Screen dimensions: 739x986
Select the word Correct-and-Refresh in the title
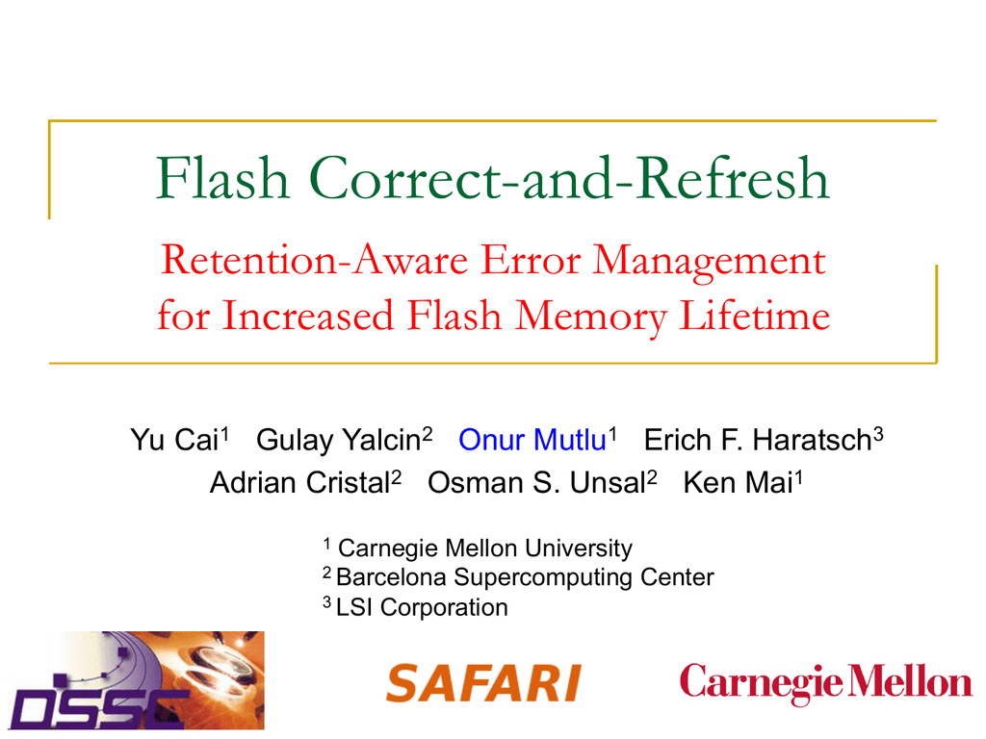click(x=571, y=179)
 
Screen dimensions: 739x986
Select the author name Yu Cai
click(x=174, y=442)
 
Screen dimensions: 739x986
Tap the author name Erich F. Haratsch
click(x=757, y=442)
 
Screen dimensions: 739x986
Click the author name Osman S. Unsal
click(x=535, y=483)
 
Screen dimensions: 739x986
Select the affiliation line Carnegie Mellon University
click(x=485, y=548)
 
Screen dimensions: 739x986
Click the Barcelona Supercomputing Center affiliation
click(x=525, y=577)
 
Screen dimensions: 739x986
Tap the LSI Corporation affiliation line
click(x=421, y=607)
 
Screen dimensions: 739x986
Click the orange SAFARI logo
click(x=483, y=683)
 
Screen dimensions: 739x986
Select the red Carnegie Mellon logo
click(x=825, y=683)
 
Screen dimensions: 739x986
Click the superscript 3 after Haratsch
click(x=878, y=434)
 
